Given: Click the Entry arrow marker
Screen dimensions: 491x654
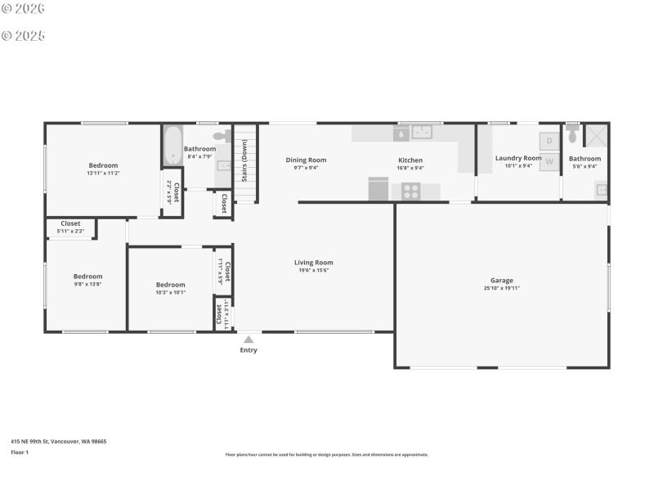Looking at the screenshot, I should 249,340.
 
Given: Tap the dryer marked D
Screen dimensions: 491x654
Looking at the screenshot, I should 549,140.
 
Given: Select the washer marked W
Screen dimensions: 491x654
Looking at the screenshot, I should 549,161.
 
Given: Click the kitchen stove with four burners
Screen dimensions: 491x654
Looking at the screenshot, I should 410,192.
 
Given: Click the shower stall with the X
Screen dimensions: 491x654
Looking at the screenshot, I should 596,135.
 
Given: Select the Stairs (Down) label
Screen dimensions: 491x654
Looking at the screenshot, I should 244,164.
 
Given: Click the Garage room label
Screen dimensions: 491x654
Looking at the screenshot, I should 502,281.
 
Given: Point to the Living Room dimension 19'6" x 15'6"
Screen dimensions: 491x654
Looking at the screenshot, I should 314,270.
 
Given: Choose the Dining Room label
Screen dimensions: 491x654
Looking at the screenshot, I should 306,160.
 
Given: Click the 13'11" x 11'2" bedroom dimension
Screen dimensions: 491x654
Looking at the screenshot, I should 103,173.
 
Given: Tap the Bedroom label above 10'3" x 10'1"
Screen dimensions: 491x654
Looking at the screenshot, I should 171,285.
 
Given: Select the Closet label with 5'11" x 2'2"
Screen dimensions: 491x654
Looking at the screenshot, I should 70,223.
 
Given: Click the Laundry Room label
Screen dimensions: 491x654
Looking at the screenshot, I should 518,158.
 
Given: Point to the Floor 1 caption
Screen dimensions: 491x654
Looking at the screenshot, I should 20,452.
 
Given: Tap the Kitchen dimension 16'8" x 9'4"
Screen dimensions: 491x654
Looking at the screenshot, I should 410,168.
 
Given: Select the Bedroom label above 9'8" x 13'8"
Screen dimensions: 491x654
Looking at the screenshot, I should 87,277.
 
